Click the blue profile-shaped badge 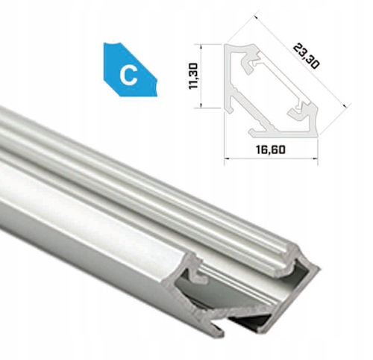click(131, 70)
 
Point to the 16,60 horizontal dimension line click(272, 158)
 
